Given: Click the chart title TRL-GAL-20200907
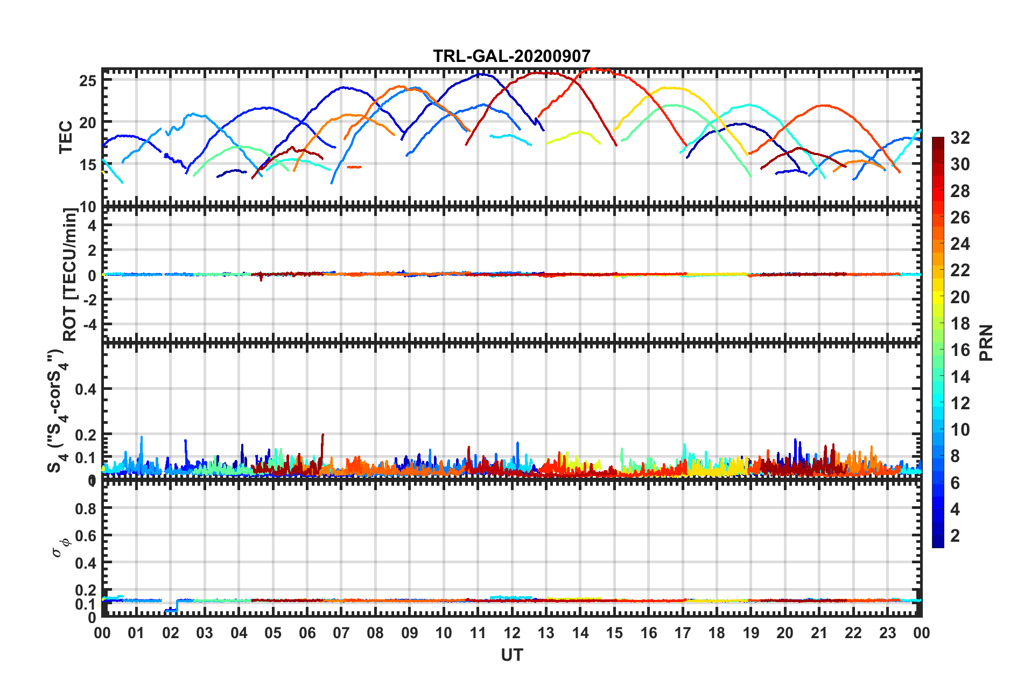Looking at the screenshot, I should [511, 56].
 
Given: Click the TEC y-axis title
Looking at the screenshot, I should [66, 137].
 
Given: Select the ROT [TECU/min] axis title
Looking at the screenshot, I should [69, 275].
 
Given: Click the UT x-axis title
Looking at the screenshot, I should [511, 655].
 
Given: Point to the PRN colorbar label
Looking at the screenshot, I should [986, 342].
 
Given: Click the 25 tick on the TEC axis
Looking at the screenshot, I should [88, 81].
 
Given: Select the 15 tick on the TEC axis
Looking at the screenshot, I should [88, 165].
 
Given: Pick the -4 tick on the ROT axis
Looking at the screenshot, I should [90, 325].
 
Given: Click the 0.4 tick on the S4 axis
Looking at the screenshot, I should [86, 389].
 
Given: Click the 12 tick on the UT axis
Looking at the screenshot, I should [512, 633].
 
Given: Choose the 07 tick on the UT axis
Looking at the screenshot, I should [341, 633].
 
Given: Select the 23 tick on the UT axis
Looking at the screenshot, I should [887, 633].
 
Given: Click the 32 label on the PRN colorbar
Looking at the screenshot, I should [960, 138].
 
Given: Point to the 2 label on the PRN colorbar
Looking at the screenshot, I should [955, 535].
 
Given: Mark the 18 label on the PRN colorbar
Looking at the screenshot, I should [960, 324].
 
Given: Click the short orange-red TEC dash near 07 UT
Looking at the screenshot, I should [354, 167].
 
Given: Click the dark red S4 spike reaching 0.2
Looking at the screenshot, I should [322, 436].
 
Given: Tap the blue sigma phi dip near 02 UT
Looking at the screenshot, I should [171, 610].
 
